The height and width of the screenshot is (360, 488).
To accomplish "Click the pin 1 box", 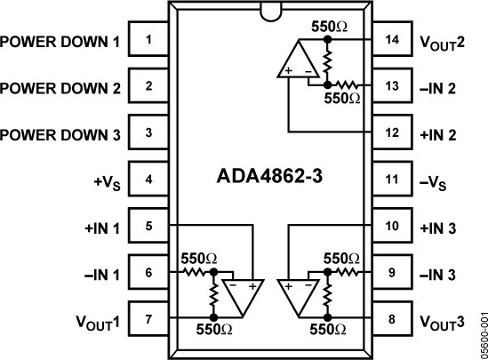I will point(148,41).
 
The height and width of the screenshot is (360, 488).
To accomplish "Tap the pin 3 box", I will point(148,133).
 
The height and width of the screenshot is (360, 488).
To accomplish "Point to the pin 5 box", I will point(148,226).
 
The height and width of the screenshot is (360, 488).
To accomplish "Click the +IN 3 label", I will point(437,227).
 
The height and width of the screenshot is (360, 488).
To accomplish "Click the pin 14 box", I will point(391,41).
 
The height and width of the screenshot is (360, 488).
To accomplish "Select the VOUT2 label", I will point(441,43).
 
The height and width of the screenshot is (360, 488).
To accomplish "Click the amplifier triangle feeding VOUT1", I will point(239,297).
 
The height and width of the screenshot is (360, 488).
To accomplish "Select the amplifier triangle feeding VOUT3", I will point(300,297).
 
